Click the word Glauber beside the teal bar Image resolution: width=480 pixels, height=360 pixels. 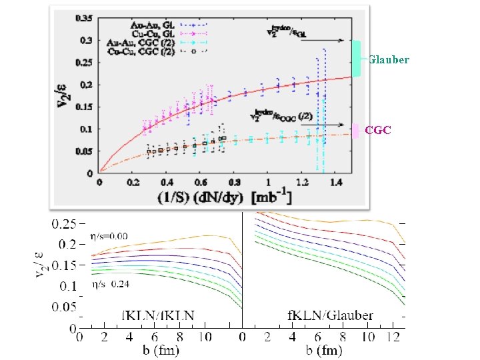point(389,60)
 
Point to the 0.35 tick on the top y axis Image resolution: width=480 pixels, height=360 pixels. point(85,18)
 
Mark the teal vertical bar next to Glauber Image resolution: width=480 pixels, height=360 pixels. point(357,58)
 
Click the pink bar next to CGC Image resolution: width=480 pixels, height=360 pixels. point(357,131)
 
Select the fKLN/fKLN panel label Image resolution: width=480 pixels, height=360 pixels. point(158,315)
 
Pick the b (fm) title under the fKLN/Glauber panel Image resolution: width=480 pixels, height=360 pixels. point(324,349)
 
